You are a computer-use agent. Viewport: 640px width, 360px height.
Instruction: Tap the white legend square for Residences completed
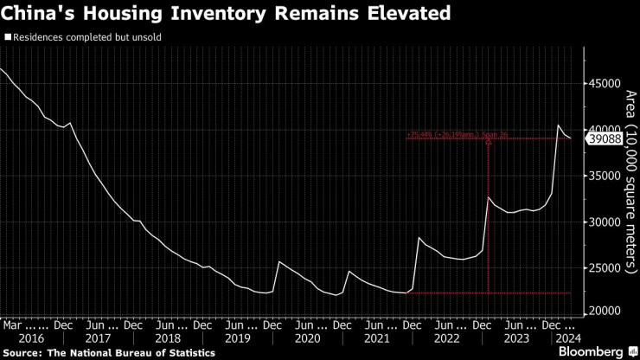[8, 38]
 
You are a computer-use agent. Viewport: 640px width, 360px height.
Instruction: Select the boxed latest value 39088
[605, 138]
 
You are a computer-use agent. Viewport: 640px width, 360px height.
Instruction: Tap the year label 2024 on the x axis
[567, 339]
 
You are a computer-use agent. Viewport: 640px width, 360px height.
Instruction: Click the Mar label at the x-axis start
[11, 325]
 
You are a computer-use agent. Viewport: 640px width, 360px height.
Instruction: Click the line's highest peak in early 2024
[559, 126]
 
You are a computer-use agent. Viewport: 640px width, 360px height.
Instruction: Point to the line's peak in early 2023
[489, 198]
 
